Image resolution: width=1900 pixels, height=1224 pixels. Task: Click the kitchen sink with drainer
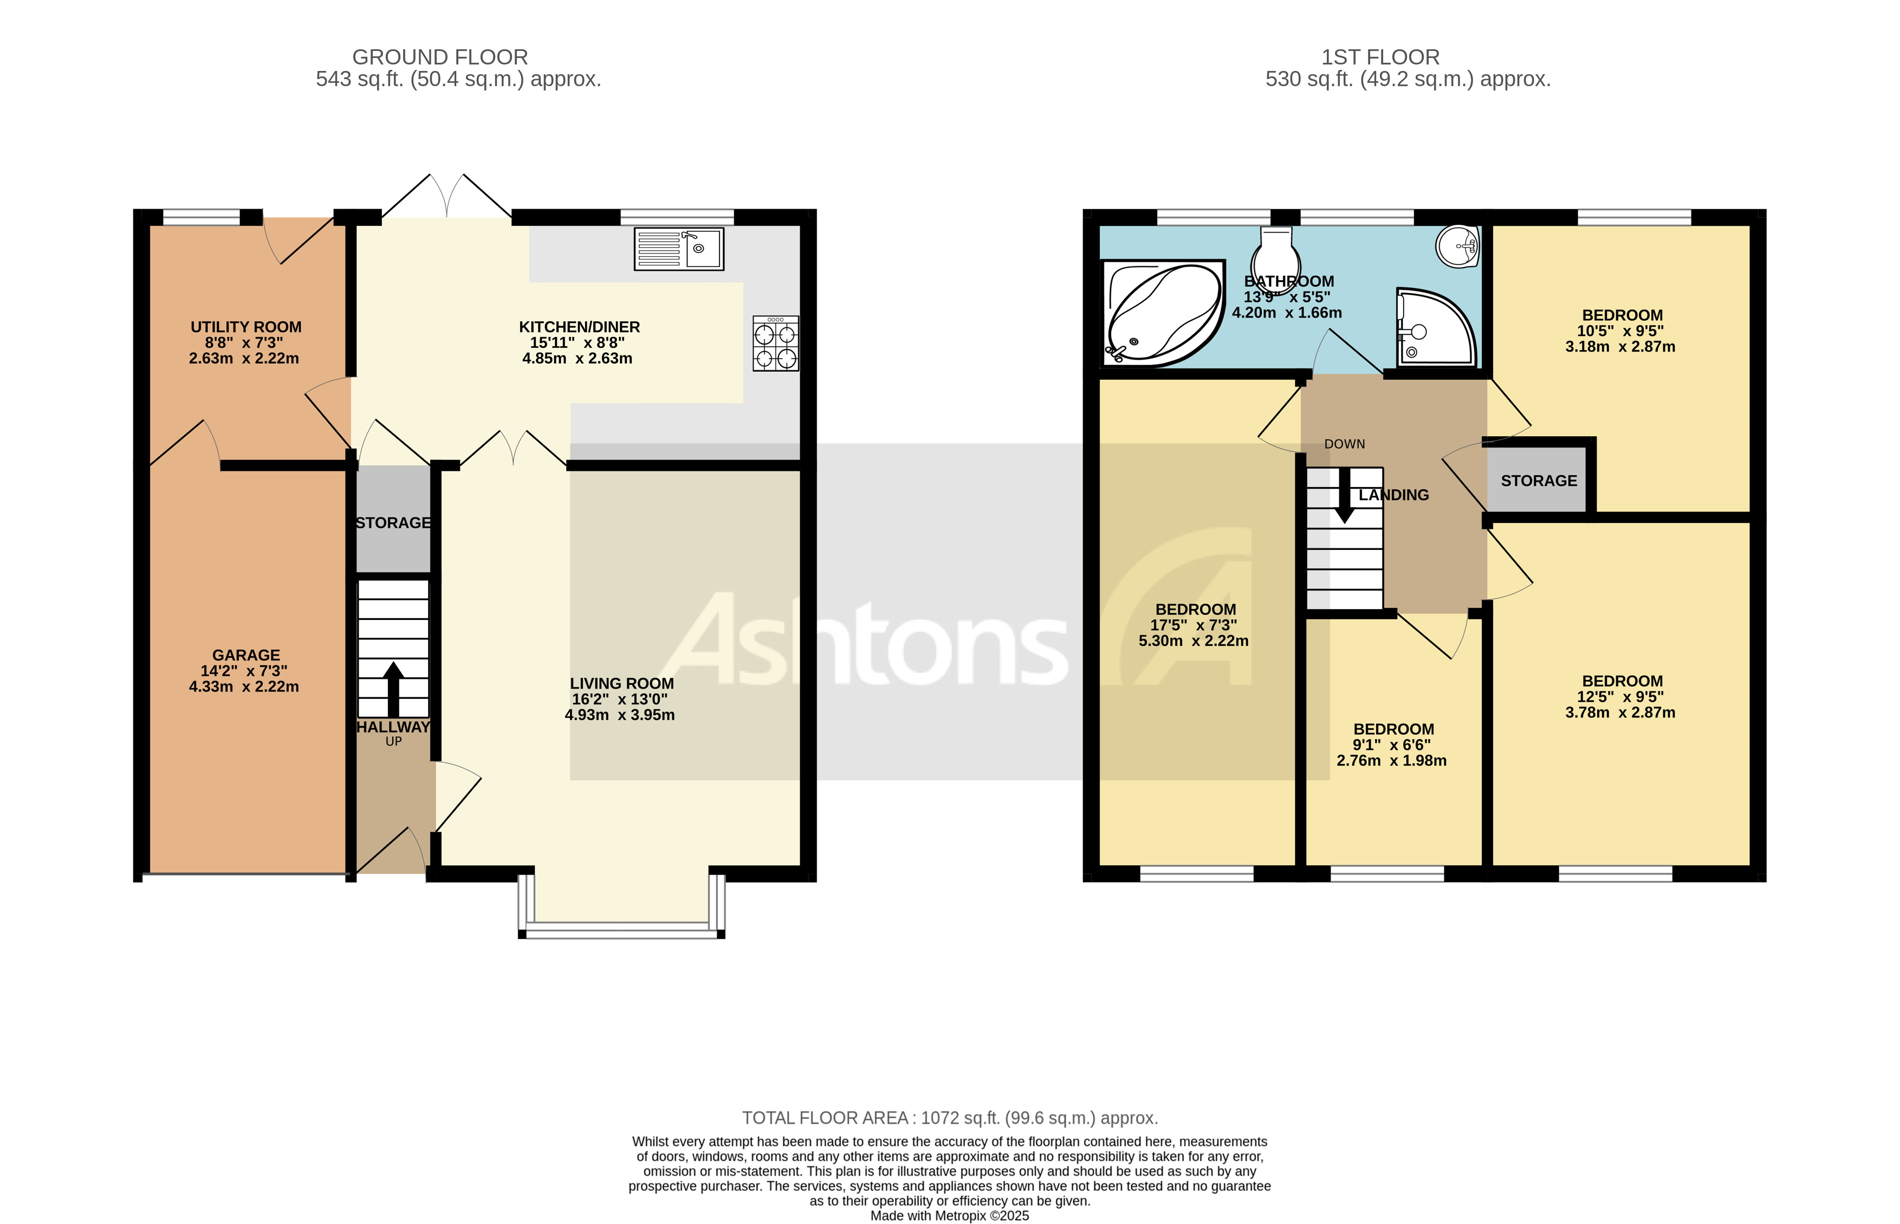tap(679, 248)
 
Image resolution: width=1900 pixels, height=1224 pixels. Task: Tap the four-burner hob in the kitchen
tap(776, 344)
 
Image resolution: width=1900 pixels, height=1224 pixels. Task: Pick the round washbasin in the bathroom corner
tap(1457, 245)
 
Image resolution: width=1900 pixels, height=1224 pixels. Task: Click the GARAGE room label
tap(245, 655)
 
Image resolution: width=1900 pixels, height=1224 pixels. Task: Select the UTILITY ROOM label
tap(245, 327)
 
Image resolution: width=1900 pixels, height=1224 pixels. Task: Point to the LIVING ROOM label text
tap(621, 684)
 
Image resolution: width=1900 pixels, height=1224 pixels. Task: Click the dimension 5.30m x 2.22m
tap(1194, 640)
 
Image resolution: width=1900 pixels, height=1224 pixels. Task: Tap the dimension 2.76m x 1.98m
tap(1391, 761)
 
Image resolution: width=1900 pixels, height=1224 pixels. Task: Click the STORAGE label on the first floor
tap(1539, 481)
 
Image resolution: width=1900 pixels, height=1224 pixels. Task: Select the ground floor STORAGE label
tap(393, 523)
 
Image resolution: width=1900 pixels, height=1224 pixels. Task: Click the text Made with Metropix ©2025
tap(950, 1215)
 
